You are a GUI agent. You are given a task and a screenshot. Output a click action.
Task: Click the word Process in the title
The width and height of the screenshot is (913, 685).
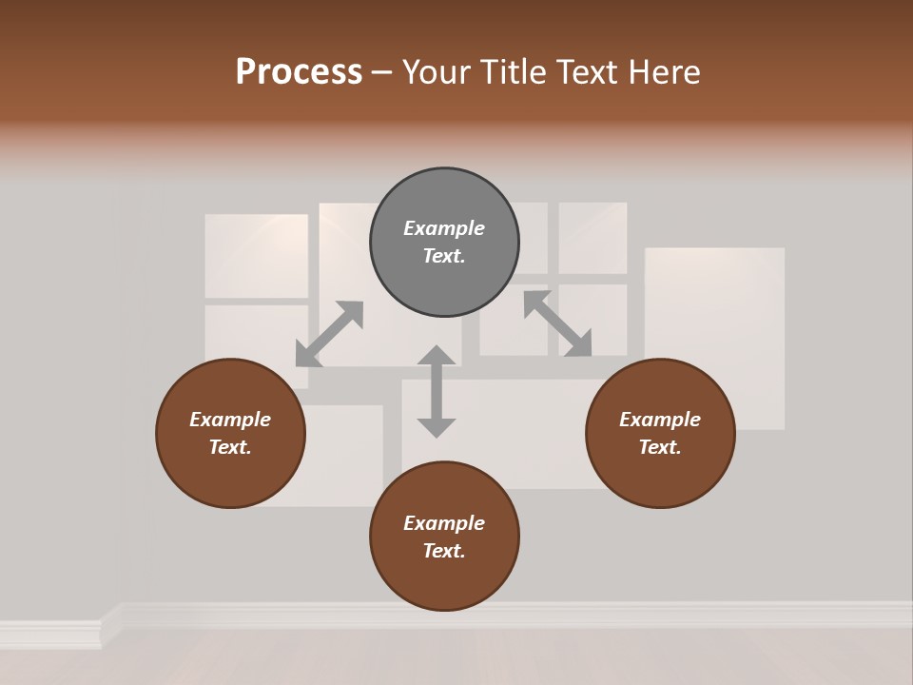tap(299, 72)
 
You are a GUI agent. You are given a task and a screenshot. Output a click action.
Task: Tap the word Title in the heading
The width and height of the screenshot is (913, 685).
tap(515, 72)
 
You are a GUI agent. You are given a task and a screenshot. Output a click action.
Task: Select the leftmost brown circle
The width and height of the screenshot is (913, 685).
tap(230, 433)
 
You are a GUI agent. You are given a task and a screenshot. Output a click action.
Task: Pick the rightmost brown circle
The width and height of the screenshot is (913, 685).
tap(660, 433)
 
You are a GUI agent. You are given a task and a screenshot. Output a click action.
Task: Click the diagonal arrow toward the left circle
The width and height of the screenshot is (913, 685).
tap(329, 334)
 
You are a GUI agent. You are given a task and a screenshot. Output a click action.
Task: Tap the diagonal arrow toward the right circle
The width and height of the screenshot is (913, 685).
tap(557, 324)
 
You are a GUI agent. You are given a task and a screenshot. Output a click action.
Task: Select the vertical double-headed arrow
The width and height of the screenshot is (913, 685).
tap(437, 391)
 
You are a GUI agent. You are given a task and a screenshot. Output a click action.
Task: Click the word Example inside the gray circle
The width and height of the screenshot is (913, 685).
tap(444, 228)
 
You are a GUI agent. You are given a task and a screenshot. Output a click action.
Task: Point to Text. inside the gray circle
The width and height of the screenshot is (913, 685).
tap(444, 256)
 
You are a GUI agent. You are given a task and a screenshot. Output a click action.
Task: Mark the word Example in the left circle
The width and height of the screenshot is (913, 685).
tap(230, 420)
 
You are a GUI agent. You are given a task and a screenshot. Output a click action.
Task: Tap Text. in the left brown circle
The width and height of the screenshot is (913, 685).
tap(230, 447)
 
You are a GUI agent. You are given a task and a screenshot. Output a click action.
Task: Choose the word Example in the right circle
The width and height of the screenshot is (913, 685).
tap(660, 420)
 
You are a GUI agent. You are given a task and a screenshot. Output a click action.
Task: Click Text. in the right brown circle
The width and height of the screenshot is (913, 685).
tap(660, 447)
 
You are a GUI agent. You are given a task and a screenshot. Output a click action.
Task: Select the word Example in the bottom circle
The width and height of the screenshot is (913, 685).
tap(444, 523)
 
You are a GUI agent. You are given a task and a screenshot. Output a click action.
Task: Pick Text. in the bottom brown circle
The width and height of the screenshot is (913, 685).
tap(444, 551)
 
